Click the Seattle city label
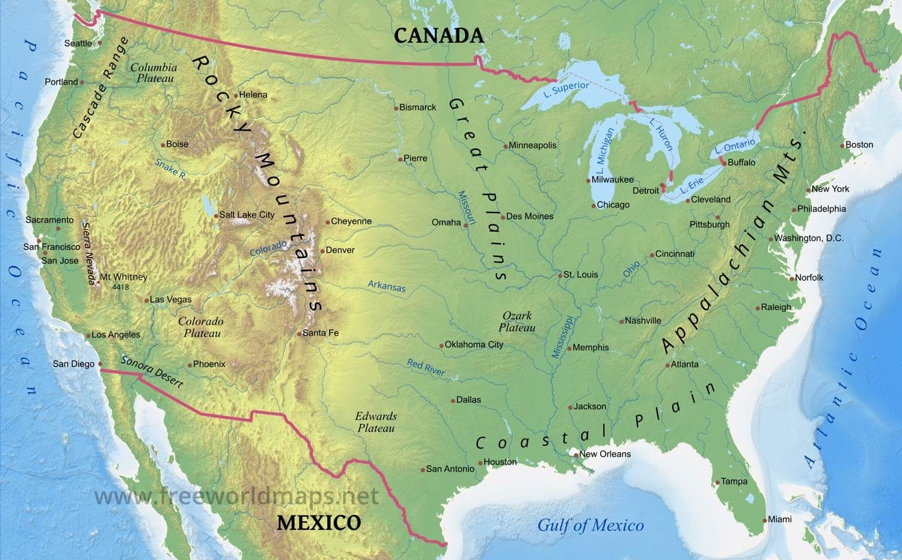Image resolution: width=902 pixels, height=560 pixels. (78, 43)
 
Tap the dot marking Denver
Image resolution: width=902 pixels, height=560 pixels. (322, 251)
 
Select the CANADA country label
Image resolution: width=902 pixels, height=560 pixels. (438, 35)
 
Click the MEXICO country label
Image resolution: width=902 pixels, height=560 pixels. (319, 522)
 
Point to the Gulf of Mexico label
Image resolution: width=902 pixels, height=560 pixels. (590, 525)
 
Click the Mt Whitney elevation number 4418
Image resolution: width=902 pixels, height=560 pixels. (120, 288)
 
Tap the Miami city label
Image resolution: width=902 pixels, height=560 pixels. (779, 519)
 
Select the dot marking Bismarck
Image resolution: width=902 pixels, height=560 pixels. (396, 108)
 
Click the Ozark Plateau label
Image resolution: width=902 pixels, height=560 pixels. (517, 322)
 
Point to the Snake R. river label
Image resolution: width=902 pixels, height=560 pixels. (170, 168)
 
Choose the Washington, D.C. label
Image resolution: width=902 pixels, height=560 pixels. (808, 238)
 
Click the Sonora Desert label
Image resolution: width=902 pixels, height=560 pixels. (152, 372)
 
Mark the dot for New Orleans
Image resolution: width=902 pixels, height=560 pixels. (575, 455)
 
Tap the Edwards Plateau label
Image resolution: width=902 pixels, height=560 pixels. (376, 422)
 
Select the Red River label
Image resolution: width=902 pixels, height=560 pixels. (426, 367)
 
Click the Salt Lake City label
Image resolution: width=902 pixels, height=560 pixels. (247, 215)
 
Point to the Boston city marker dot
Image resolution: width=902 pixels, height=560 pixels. (842, 145)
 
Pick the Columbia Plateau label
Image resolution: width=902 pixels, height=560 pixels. (154, 73)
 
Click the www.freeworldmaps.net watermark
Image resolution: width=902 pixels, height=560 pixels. (237, 496)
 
